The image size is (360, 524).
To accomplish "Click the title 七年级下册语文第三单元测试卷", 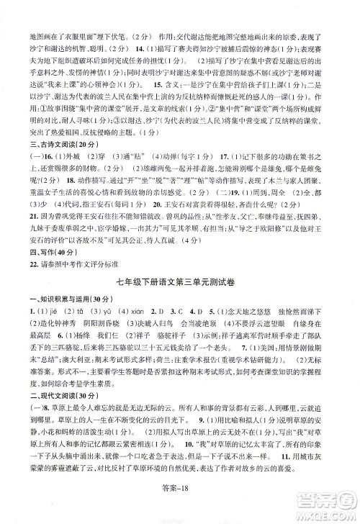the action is coord(180,278).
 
